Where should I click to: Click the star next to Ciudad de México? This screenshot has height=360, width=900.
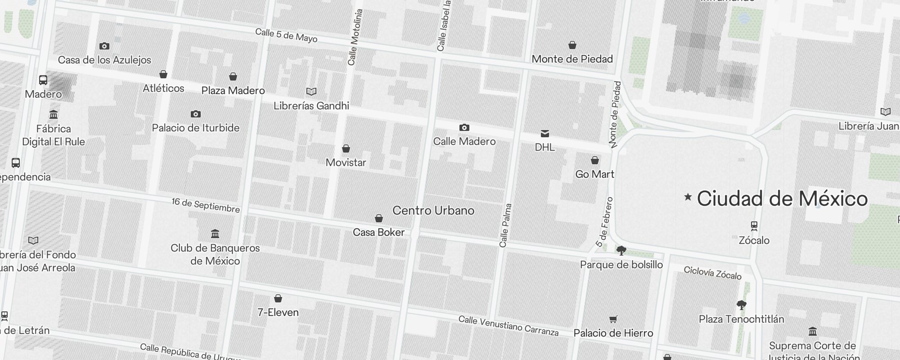click(x=688, y=197)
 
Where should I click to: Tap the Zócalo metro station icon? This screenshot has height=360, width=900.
click(x=754, y=225)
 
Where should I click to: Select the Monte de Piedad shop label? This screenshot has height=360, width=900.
click(x=572, y=59)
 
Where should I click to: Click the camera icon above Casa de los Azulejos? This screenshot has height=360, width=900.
click(x=104, y=46)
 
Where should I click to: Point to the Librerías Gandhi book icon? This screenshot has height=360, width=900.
click(x=311, y=92)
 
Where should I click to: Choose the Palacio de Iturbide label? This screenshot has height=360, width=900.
click(x=195, y=128)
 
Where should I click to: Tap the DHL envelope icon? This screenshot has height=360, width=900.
click(x=544, y=133)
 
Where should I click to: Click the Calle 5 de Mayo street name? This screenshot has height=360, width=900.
click(x=286, y=36)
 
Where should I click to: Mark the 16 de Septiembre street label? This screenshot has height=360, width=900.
click(x=206, y=205)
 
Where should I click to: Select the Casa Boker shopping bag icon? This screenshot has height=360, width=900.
click(x=379, y=218)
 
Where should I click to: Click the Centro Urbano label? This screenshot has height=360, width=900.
click(x=433, y=210)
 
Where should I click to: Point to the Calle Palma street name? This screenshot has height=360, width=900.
click(x=505, y=225)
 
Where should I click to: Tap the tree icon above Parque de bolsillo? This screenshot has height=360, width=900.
click(x=621, y=251)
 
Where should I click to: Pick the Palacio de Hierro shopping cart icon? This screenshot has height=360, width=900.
click(x=613, y=319)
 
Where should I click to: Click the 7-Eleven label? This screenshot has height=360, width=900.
click(x=278, y=312)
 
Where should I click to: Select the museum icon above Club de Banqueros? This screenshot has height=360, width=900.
click(x=215, y=234)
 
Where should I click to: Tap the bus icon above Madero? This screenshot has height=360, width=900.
click(x=43, y=80)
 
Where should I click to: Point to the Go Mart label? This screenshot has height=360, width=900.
click(x=594, y=174)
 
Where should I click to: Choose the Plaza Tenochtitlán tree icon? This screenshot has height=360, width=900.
click(x=741, y=306)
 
